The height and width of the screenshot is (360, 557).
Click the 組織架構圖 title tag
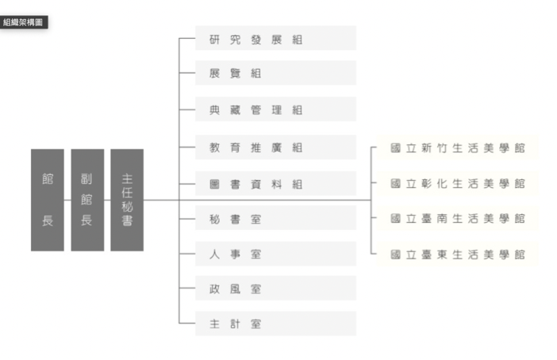(x=24, y=22)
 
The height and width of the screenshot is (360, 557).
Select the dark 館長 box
(x=48, y=200)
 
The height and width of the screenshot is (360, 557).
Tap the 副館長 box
(x=87, y=200)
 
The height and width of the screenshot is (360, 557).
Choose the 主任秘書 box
(x=127, y=200)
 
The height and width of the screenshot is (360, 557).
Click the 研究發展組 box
(x=275, y=38)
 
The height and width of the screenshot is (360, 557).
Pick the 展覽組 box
(x=275, y=73)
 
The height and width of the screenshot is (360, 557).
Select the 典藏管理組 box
(x=275, y=109)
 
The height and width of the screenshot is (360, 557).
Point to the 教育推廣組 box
(x=275, y=147)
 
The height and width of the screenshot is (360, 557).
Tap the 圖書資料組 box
(x=275, y=183)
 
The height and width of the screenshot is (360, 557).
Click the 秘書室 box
(x=275, y=218)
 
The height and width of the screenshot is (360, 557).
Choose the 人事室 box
(x=275, y=254)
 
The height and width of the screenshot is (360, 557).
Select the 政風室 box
(x=275, y=289)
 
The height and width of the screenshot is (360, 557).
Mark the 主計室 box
(x=275, y=324)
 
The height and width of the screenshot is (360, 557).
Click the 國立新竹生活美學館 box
(x=458, y=147)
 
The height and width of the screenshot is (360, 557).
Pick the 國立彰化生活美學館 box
(x=458, y=183)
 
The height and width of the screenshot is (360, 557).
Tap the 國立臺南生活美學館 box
(x=458, y=218)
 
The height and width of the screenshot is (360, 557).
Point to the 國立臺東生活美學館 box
(x=458, y=255)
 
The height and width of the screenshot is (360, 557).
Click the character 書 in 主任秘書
(x=127, y=220)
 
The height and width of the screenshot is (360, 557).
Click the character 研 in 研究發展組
(x=214, y=40)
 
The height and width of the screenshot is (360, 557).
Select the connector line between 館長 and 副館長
(x=67, y=201)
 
